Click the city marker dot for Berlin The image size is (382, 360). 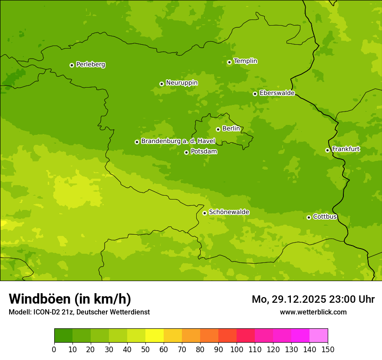tap(218, 129)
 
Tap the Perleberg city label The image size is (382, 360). tap(90, 65)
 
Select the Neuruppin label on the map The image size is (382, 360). tap(181, 83)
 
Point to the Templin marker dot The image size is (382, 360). tap(229, 62)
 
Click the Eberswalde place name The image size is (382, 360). tap(277, 93)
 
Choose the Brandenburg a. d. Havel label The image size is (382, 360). tap(178, 141)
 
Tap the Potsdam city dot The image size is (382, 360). tap(186, 152)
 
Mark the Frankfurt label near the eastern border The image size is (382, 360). tap(346, 149)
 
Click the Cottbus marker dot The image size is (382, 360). tap(309, 217)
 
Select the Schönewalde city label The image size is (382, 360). tap(229, 212)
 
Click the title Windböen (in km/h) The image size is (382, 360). tap(70, 299)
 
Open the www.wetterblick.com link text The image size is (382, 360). tap(313, 312)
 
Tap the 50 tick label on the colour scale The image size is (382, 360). tap(145, 349)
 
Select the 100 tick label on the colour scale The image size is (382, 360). tap(237, 349)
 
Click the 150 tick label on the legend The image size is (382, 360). tap(328, 349)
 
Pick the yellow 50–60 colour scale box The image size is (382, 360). tap(155, 336)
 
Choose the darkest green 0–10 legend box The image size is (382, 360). tap(63, 336)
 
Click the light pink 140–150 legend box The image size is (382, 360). tap(319, 336)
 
